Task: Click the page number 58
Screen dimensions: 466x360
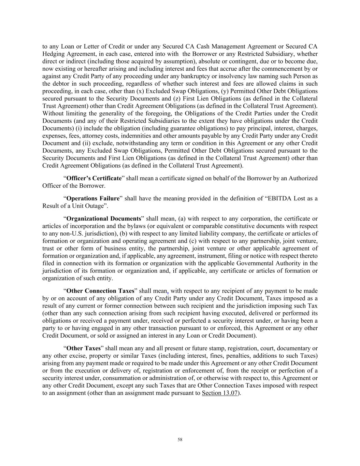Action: [x=180, y=440]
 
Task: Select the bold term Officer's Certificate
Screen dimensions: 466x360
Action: [x=94, y=178]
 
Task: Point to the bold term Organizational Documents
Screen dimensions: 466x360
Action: [x=103, y=218]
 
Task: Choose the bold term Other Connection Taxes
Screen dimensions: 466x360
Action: [x=100, y=291]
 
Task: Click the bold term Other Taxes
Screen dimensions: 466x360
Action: [x=83, y=348]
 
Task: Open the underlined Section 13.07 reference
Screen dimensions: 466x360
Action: [x=219, y=393]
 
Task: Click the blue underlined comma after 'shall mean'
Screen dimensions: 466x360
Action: [x=168, y=292]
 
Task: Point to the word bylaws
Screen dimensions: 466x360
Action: [x=143, y=226]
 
